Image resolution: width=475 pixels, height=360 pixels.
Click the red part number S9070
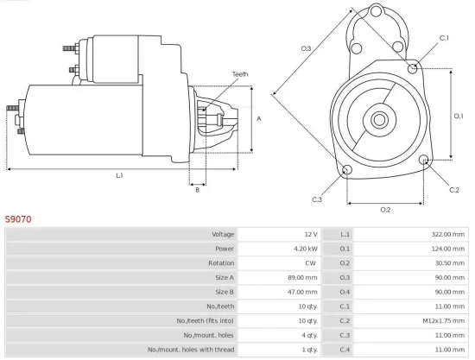pyautogui.click(x=19, y=219)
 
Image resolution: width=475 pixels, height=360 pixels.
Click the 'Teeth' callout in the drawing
pyautogui.click(x=240, y=74)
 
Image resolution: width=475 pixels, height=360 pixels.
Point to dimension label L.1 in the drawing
pyautogui.click(x=119, y=175)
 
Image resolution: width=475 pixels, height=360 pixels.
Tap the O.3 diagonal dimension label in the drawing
pyautogui.click(x=307, y=48)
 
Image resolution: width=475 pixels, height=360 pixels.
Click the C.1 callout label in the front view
pyautogui.click(x=444, y=38)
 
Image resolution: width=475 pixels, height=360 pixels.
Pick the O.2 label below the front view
pyautogui.click(x=385, y=209)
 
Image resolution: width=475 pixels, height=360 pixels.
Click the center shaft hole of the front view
pyautogui.click(x=380, y=117)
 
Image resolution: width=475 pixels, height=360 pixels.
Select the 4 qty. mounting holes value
pyautogui.click(x=307, y=334)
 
